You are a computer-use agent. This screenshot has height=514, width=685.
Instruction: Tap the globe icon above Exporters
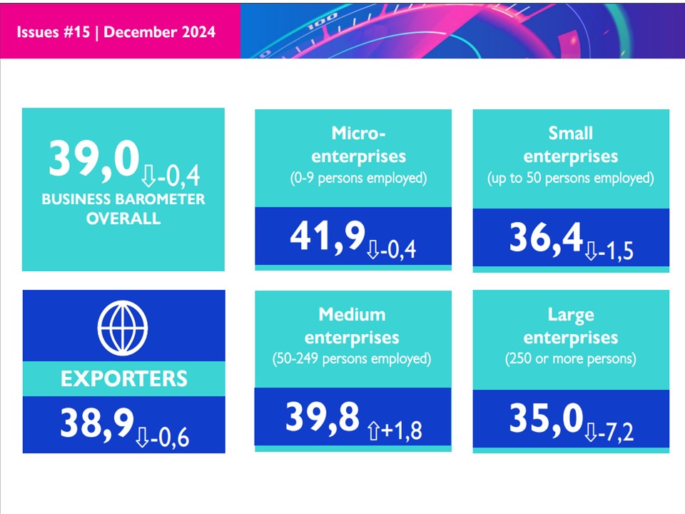click(123, 327)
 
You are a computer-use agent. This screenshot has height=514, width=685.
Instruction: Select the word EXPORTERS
click(123, 378)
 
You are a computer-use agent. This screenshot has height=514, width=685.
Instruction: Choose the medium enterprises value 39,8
click(322, 418)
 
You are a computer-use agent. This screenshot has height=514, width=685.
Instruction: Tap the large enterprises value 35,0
click(545, 420)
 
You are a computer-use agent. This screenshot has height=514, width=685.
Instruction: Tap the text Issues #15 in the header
click(55, 32)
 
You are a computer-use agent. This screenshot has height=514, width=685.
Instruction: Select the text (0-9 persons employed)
click(352, 178)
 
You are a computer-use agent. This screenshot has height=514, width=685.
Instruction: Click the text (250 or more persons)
click(570, 358)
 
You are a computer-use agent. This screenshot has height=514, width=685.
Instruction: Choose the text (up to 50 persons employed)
click(570, 178)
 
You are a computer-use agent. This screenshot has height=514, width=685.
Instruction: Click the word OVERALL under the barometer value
click(123, 218)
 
